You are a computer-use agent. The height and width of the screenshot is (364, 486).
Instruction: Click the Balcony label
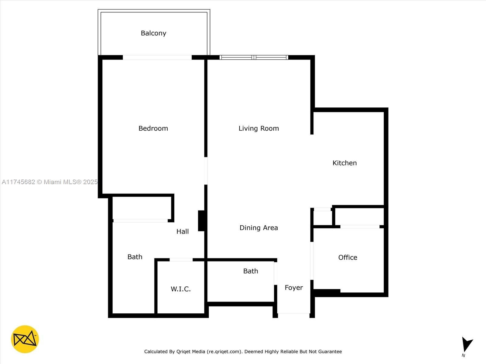pyautogui.click(x=153, y=33)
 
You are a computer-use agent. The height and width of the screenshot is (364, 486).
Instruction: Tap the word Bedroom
pyautogui.click(x=153, y=128)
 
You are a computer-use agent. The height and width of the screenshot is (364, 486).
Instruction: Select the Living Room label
pyautogui.click(x=258, y=128)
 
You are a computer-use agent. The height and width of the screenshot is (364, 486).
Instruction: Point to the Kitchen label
pyautogui.click(x=344, y=163)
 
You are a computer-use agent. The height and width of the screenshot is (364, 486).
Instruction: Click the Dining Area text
pyautogui.click(x=258, y=228)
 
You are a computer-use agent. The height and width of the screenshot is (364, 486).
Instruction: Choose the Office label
pyautogui.click(x=347, y=258)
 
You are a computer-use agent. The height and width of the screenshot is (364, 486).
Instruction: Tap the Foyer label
pyautogui.click(x=294, y=288)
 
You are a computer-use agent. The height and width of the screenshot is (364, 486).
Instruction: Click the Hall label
pyautogui.click(x=183, y=231)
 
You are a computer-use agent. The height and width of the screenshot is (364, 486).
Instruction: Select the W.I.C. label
pyautogui.click(x=181, y=289)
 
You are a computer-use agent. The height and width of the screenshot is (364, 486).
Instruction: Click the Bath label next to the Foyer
pyautogui.click(x=251, y=271)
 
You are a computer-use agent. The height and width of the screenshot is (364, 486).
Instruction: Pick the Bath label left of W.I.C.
pyautogui.click(x=135, y=257)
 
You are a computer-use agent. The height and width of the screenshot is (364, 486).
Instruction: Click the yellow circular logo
pyautogui.click(x=25, y=339)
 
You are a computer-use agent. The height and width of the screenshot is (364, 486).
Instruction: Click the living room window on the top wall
pyautogui.click(x=254, y=57)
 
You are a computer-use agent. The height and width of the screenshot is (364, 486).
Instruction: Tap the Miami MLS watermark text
pyautogui.click(x=50, y=182)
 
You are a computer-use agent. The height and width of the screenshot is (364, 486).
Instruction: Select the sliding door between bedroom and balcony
pyautogui.click(x=157, y=57)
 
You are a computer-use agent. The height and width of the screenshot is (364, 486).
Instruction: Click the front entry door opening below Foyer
pyautogui.click(x=294, y=313)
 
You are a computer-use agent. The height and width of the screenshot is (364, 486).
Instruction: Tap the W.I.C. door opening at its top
pyautogui.click(x=181, y=260)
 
